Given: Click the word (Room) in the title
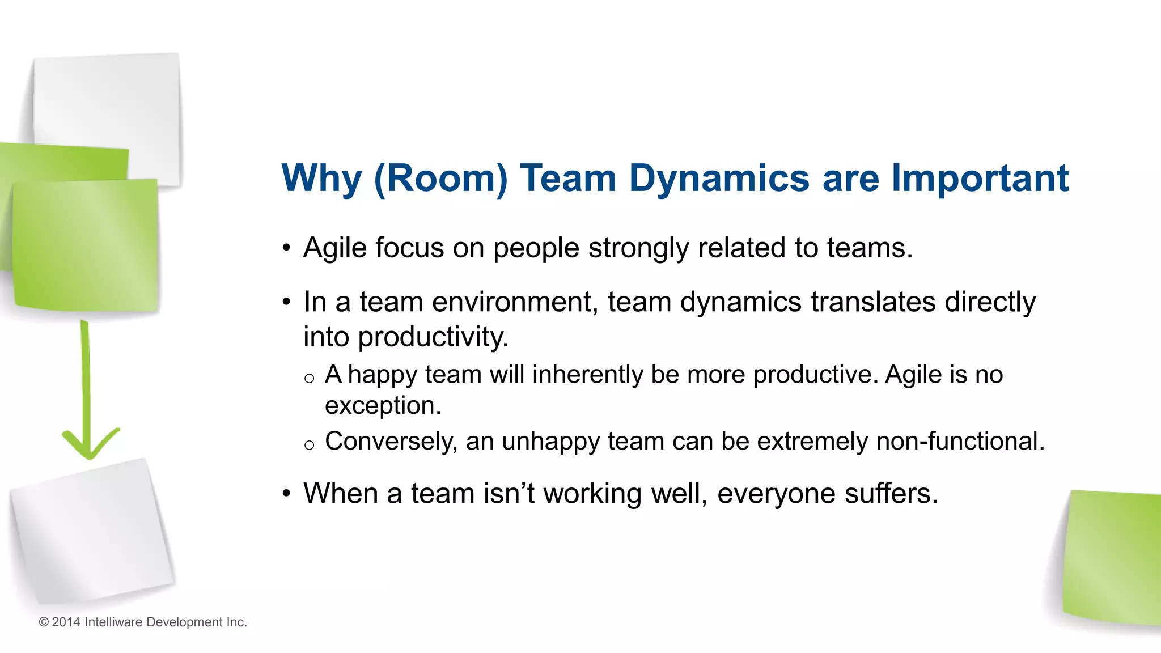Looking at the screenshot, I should pos(440,179).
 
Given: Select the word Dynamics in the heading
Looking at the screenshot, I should pos(718,179).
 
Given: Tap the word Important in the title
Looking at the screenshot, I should pos(980,179).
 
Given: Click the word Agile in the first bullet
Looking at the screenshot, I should pos(334,248).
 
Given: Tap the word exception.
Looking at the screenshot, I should pos(383,406).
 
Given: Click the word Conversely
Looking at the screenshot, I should pos(391,442).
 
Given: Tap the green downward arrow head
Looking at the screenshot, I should pos(90,445).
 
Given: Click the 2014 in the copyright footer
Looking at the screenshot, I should pos(66,622).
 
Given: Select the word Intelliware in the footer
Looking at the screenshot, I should pos(113,622).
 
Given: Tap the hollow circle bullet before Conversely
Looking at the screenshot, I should pos(309,445).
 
